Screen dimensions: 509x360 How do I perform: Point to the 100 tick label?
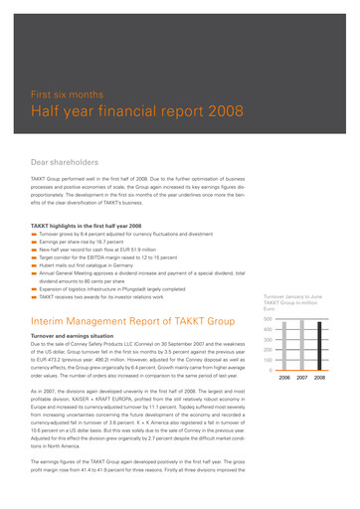tap(269, 386)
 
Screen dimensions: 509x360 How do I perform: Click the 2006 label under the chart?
tap(284, 406)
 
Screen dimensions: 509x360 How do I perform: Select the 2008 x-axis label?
tap(319, 406)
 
